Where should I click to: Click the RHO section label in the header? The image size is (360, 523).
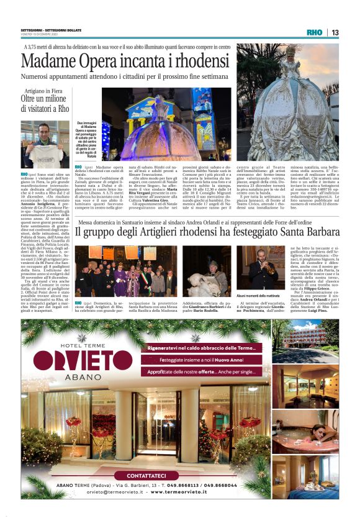click(314, 32)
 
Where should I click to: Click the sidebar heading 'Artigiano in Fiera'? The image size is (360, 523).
click(43, 92)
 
